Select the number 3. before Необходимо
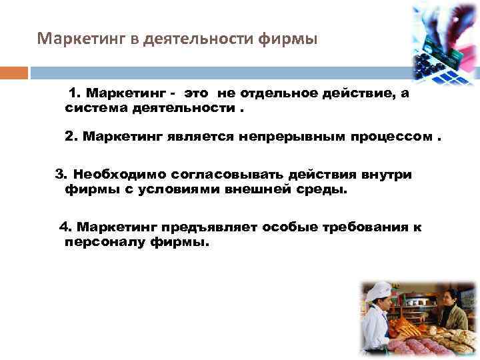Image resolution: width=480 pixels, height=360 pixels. pyautogui.click(x=61, y=175)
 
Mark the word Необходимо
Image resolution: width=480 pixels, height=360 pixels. pyautogui.click(x=119, y=175)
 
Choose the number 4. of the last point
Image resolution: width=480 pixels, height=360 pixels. pyautogui.click(x=66, y=227)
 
